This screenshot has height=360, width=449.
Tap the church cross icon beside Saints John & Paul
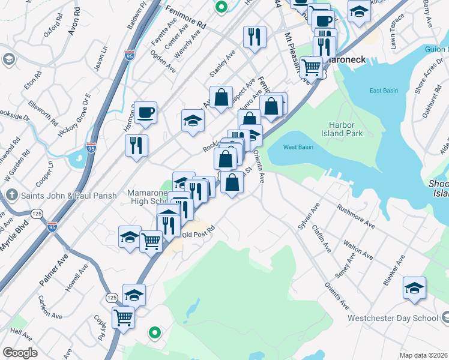point(11,195)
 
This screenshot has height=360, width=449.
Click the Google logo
point(20,353)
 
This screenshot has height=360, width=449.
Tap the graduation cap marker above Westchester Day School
point(414,288)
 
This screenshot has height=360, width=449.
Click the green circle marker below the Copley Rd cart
point(155,331)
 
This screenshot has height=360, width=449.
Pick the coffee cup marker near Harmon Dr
point(145,112)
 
